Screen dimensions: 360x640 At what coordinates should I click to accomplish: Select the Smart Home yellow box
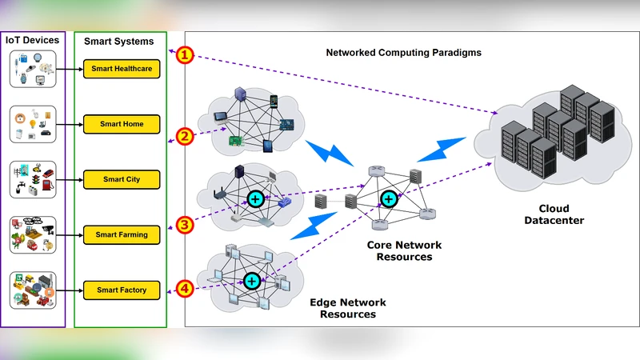tap(122, 125)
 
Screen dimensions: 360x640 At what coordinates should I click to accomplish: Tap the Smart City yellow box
tap(122, 179)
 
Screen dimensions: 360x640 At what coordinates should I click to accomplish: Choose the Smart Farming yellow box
tap(122, 235)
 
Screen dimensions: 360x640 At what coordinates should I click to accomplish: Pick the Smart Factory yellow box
tap(122, 290)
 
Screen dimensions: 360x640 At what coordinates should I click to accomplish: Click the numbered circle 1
tap(186, 55)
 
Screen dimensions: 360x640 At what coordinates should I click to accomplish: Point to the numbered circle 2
tap(186, 136)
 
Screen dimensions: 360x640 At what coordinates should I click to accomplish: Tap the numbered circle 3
tap(186, 225)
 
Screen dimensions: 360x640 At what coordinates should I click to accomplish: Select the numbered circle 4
tap(186, 288)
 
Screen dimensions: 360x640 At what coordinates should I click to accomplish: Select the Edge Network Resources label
tap(348, 309)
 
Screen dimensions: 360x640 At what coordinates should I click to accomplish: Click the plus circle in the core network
tap(389, 198)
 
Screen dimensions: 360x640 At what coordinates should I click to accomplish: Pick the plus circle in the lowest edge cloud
tap(252, 281)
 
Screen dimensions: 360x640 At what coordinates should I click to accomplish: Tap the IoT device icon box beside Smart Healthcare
tap(32, 70)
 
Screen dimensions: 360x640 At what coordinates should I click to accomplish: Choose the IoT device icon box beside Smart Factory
tap(32, 290)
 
